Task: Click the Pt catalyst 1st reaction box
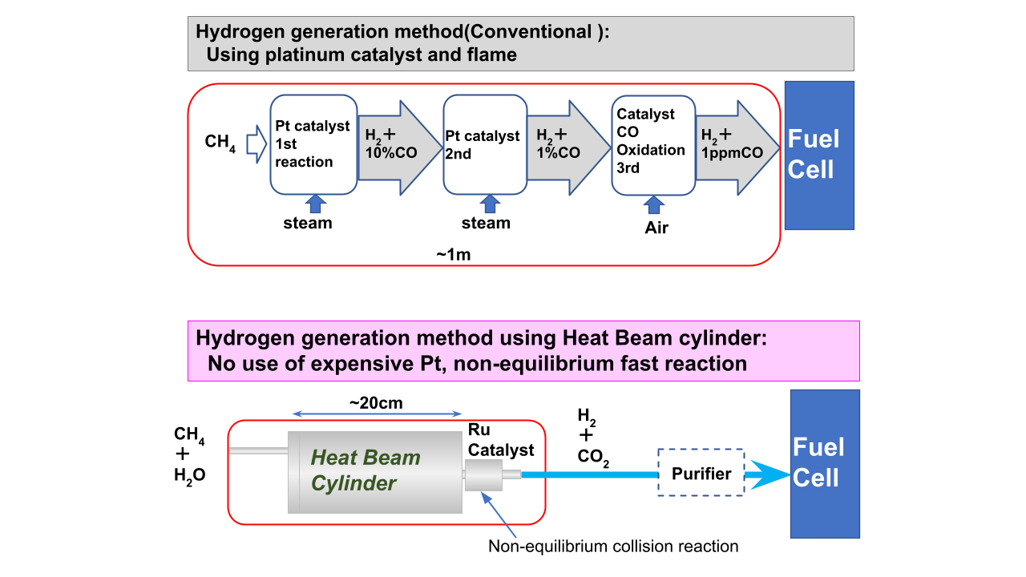coord(313,144)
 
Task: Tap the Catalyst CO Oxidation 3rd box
coord(653,144)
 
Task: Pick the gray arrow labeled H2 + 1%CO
coord(568,145)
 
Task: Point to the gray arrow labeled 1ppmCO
coord(736,145)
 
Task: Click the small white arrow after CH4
coord(255,143)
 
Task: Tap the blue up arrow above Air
coord(655,206)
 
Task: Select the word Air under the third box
coord(656,228)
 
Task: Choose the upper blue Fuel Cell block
coord(818,155)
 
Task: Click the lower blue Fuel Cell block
coord(824,463)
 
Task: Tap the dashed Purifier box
coord(701,474)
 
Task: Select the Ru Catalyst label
coord(500,441)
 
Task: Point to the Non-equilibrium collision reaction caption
coord(613,547)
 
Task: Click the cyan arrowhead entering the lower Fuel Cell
coord(768,475)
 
